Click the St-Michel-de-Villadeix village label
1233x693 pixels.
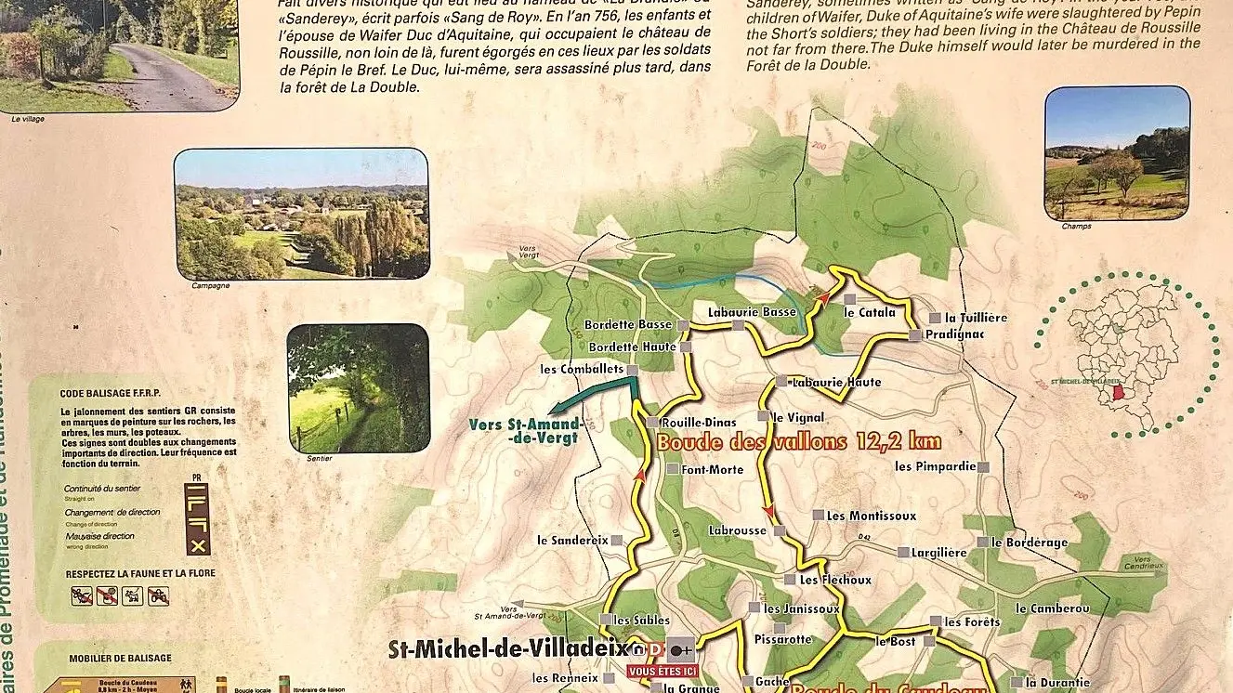point(507,648)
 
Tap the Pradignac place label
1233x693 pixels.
point(953,334)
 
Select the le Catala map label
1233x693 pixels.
point(870,312)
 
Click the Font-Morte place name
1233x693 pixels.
point(713,470)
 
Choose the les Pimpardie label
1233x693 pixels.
point(936,466)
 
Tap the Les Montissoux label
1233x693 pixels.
point(871,516)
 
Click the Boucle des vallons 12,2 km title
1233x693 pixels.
point(798,442)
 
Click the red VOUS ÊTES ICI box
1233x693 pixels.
point(662,672)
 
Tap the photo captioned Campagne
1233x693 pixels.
point(302,214)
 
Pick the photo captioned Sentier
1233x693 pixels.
point(358,387)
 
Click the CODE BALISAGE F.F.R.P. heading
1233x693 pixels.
point(117,393)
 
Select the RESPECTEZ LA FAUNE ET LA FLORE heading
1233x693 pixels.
point(139,573)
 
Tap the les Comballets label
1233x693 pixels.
point(582,369)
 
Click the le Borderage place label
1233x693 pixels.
point(1030,543)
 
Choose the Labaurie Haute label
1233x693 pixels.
point(835,383)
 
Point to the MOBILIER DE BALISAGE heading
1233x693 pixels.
point(120,659)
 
